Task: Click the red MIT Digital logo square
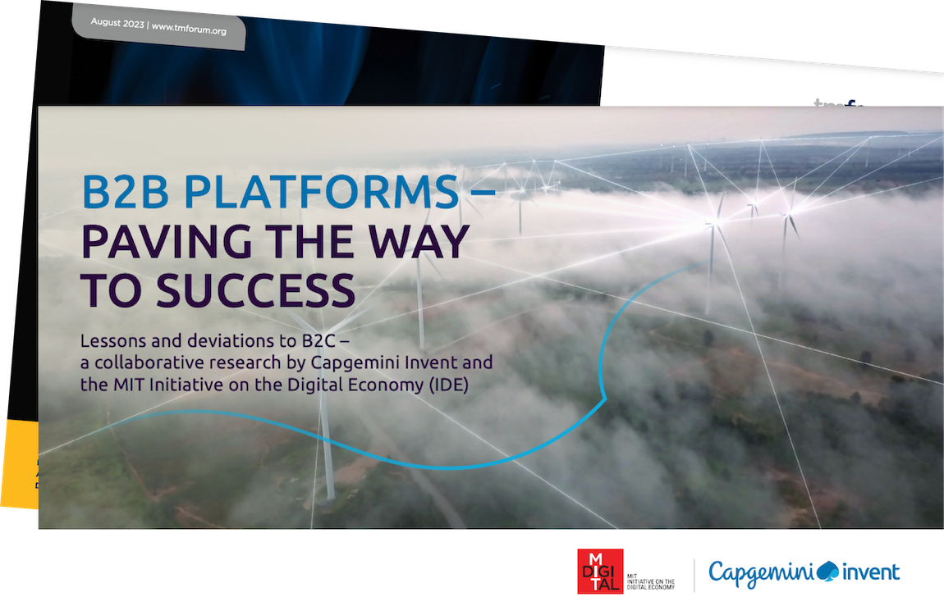tap(600, 571)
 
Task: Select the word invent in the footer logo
tap(871, 572)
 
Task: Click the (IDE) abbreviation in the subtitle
tap(448, 385)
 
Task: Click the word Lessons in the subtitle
tap(108, 340)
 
